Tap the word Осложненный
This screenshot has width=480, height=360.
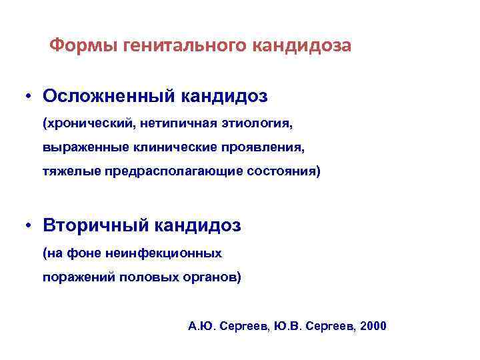[109, 96]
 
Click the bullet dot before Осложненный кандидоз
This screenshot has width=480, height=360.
[31, 96]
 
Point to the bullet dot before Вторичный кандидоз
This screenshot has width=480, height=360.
[31, 225]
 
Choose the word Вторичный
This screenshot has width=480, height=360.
[96, 225]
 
